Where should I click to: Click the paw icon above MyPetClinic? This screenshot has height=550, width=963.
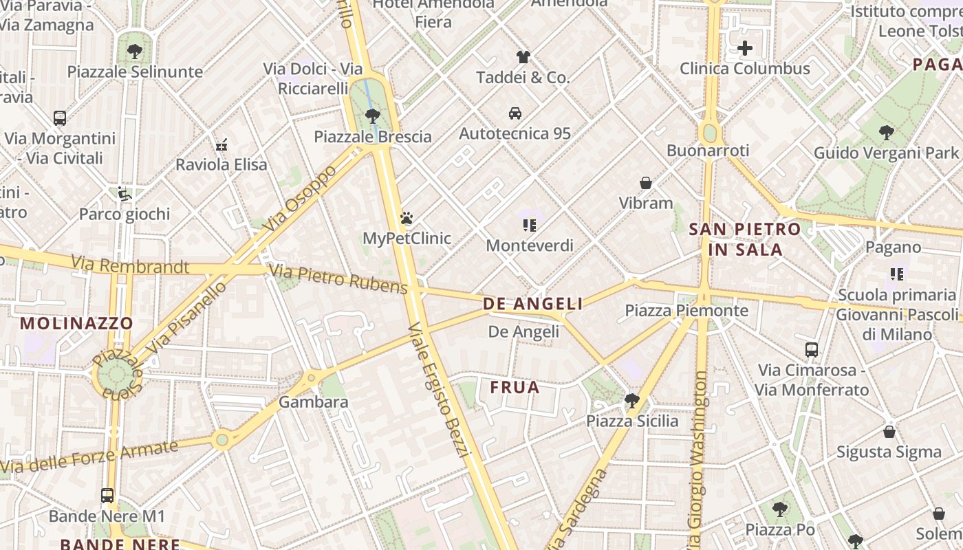coord(407,219)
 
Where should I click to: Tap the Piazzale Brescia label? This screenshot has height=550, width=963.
coord(373,136)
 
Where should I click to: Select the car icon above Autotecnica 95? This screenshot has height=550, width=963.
coord(515,113)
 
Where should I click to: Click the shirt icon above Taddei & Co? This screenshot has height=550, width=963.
coord(523,57)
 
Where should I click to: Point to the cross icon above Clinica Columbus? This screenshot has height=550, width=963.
coord(745,48)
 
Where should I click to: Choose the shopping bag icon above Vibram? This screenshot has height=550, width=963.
coord(645,183)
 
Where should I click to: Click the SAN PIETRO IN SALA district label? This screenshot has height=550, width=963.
coord(745,239)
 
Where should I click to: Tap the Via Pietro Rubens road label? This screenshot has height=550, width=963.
coord(338,278)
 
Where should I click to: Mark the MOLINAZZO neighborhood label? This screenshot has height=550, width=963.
coord(76,322)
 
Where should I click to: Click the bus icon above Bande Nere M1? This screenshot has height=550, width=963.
coord(107,495)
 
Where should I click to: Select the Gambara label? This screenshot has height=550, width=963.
coord(313,401)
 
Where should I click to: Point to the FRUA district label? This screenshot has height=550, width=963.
coord(515,388)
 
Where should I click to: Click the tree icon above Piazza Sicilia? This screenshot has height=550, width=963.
coord(631,400)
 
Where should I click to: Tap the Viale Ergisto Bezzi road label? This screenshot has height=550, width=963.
coord(438,388)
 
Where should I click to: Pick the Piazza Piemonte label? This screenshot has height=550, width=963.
coord(686,311)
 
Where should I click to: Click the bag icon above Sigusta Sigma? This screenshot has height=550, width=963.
coord(889,432)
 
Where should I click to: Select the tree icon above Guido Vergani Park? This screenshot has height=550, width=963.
coord(886,132)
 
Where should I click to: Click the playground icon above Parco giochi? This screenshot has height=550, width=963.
coord(125,194)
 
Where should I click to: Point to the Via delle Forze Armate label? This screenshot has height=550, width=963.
coord(89,456)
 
